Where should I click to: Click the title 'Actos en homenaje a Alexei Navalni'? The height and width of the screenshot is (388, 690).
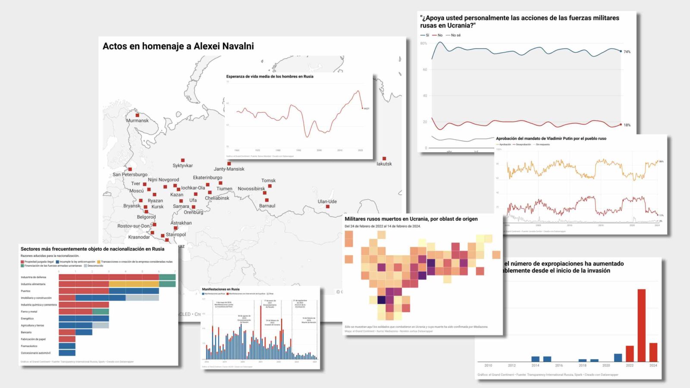178,46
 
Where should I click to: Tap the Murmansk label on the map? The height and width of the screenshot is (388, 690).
137,121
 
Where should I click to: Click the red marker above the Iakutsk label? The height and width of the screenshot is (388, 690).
384,159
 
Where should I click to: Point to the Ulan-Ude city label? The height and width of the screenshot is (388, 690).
327,201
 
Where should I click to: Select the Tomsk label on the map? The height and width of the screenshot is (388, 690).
268,181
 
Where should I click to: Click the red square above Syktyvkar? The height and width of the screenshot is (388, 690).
183,160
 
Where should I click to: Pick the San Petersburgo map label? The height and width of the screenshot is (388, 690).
130,175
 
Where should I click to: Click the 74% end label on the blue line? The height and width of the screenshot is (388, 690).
627,52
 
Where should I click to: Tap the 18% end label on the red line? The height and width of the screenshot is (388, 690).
627,125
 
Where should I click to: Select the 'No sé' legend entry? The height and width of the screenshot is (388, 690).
455,35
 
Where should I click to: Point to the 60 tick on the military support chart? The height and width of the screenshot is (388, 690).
425,69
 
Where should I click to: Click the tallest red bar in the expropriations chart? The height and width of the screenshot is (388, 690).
641,325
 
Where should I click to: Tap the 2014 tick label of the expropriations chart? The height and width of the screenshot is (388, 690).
535,366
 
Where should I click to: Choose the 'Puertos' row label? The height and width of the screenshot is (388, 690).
26,291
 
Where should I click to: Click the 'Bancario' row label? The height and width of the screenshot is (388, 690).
26,332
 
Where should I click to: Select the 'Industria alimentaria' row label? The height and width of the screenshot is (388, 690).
33,284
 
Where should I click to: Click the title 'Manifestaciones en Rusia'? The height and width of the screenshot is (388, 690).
221,289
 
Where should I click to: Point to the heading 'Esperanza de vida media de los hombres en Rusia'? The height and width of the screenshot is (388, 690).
270,77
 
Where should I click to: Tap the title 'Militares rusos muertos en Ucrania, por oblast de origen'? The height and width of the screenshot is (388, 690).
411,219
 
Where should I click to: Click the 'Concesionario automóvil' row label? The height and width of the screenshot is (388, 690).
36,353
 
